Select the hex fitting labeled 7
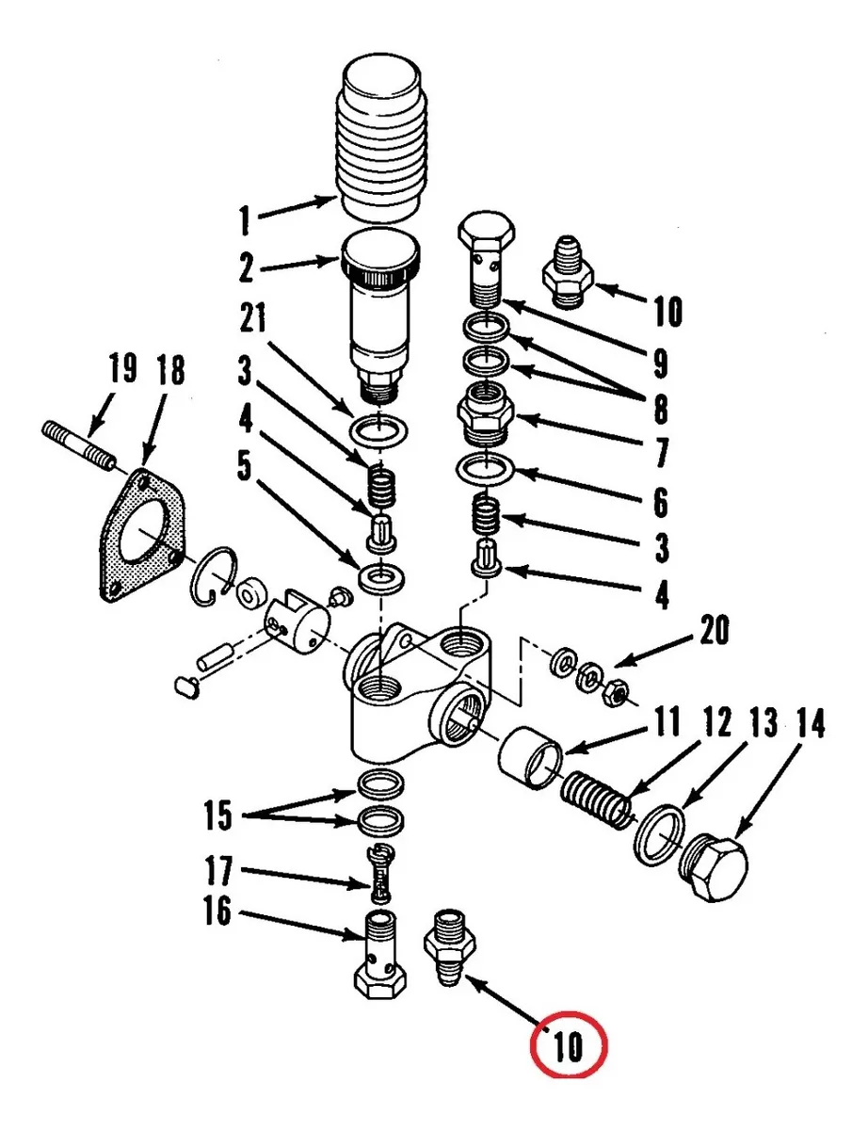click(487, 415)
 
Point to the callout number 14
click(809, 725)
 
